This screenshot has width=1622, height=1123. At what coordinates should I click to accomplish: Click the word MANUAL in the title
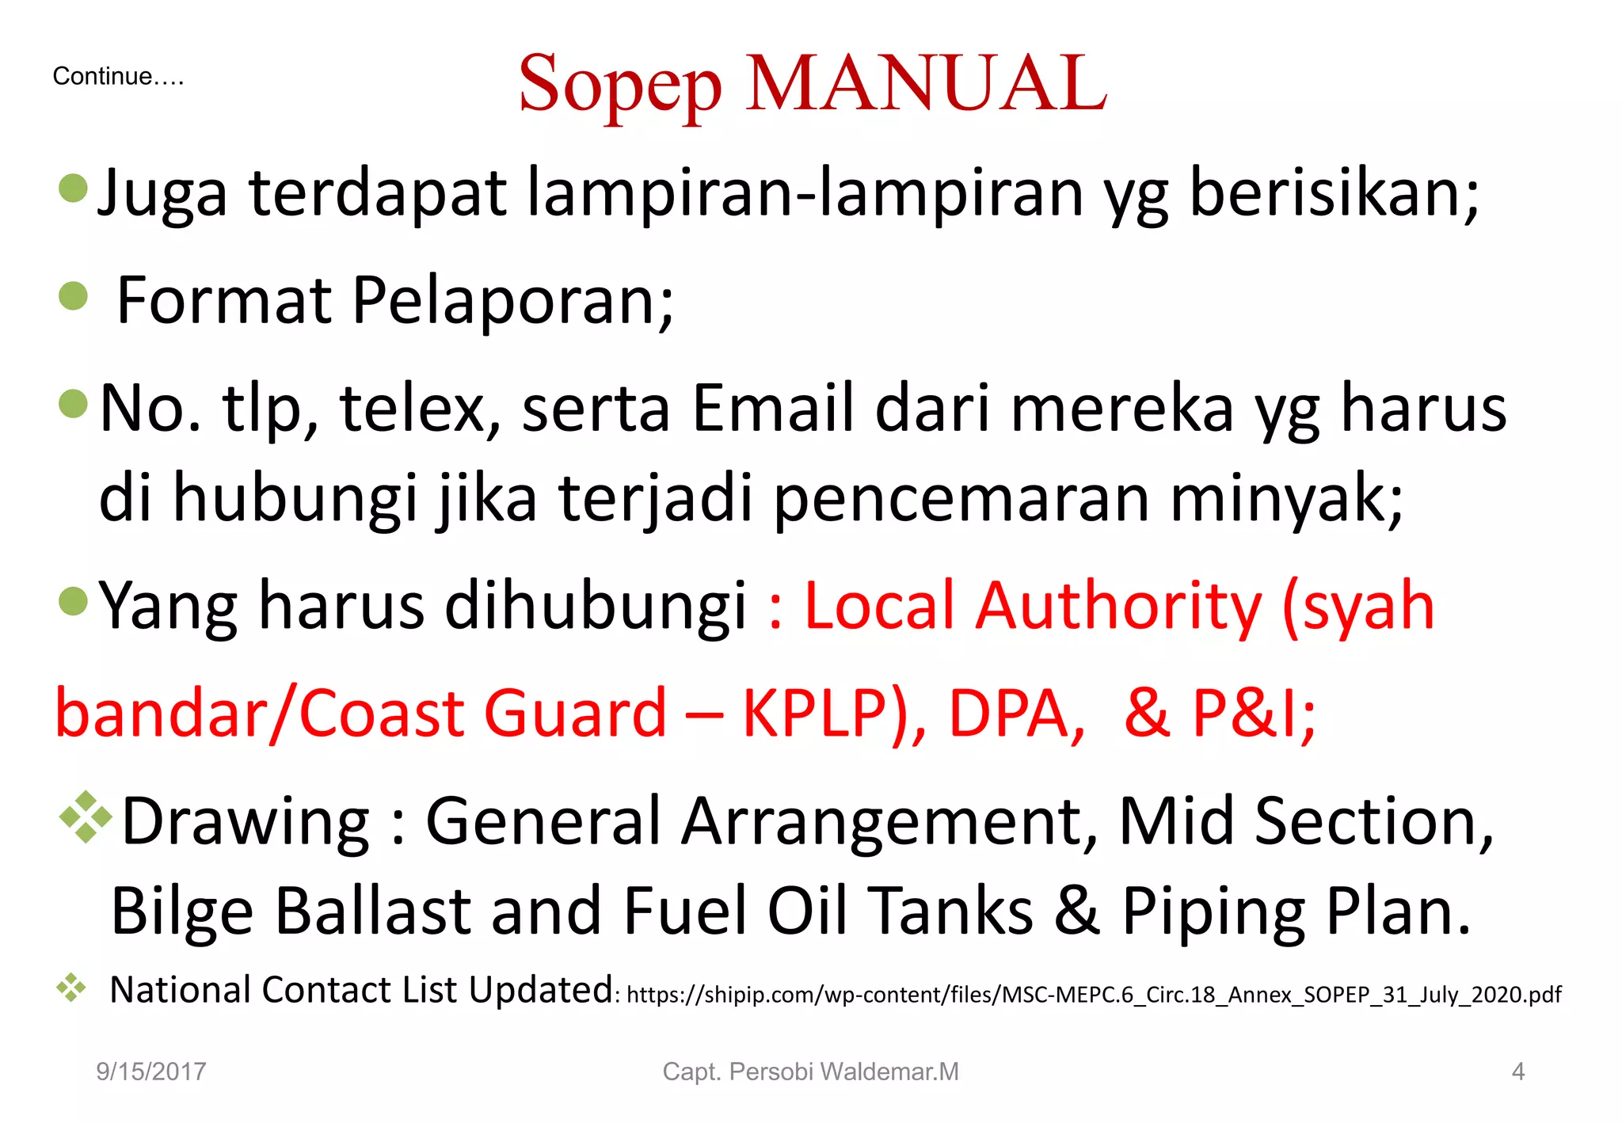click(926, 83)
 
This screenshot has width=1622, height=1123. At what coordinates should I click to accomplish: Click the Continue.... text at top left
click(118, 77)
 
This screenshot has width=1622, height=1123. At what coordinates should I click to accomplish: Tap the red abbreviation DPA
click(1016, 714)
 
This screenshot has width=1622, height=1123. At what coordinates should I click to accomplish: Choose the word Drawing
click(246, 822)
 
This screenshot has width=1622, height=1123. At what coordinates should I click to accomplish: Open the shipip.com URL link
click(1093, 995)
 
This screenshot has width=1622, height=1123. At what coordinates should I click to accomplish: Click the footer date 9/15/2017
click(150, 1072)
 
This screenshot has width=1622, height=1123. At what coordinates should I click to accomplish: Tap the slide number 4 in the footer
click(1517, 1072)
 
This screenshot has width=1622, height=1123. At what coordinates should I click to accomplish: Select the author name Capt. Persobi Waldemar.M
click(810, 1072)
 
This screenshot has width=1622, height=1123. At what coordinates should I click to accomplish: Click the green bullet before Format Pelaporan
click(74, 296)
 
